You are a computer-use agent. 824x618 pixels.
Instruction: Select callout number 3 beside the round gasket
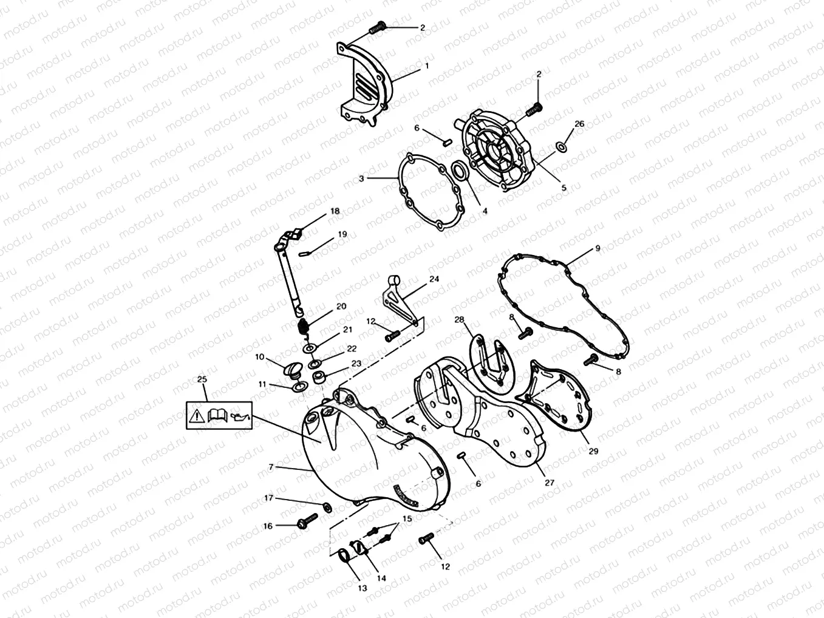[x=361, y=179]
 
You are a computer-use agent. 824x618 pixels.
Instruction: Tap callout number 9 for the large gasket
[x=597, y=248]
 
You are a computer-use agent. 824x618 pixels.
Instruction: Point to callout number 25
[x=202, y=379]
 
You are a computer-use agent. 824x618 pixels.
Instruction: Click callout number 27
[x=550, y=483]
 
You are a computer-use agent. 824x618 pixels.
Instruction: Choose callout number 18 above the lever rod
[x=335, y=211]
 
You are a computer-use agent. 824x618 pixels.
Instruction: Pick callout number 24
[x=434, y=279]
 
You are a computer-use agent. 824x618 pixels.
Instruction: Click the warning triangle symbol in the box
[x=197, y=416]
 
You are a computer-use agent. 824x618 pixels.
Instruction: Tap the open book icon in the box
[x=217, y=416]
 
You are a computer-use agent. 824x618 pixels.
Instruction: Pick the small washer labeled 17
[x=327, y=506]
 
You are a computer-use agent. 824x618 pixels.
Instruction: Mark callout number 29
[x=593, y=451]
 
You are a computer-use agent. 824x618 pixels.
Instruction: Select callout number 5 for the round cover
[x=563, y=188]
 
